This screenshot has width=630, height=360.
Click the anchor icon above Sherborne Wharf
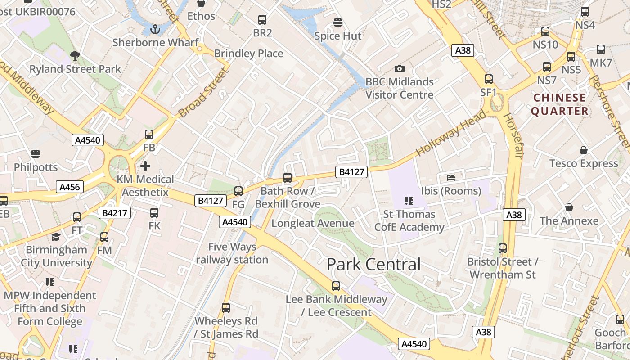[x=155, y=30]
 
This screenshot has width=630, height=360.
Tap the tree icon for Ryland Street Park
[x=75, y=56]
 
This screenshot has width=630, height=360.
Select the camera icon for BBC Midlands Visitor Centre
[x=399, y=68]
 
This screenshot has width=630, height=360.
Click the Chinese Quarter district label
[x=560, y=104]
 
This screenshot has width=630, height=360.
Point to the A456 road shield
[x=70, y=187]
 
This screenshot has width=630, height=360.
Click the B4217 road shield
[x=115, y=213]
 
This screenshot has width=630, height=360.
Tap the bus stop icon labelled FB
[x=149, y=134]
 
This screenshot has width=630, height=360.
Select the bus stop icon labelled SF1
[x=489, y=79]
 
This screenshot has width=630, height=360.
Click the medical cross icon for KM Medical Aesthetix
[x=145, y=166]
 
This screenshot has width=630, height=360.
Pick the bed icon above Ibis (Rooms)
[x=451, y=178]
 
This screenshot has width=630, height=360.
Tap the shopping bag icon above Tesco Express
[x=584, y=150]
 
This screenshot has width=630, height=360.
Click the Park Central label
[x=373, y=264]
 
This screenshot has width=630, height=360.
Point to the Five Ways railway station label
[x=232, y=253]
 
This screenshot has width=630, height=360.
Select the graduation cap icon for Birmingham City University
[x=56, y=237]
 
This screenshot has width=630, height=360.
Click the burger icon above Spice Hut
[x=338, y=22]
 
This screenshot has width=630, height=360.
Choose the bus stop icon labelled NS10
[x=545, y=31]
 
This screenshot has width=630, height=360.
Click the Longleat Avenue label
[x=313, y=223]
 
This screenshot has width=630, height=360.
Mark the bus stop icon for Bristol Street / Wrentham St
[x=503, y=248]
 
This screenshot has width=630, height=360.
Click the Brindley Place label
[x=248, y=54]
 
